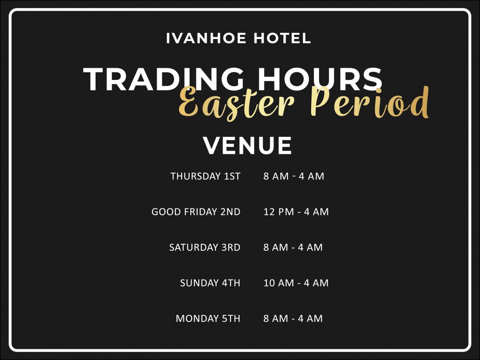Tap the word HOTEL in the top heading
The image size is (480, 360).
282,38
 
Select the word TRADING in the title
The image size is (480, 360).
163,79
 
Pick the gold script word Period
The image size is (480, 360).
369,102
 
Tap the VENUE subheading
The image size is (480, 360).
248,145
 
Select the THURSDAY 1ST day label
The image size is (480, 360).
205,176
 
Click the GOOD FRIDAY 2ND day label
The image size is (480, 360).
196,212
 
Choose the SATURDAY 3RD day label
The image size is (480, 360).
205,248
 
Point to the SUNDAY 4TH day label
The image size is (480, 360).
210,283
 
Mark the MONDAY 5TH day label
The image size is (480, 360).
208,319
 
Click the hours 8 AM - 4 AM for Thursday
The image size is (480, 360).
294,176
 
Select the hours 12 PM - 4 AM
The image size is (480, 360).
296,212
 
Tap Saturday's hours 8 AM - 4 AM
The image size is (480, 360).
293,248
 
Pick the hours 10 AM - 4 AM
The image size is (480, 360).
296,283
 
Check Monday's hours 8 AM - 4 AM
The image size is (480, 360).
293,319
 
